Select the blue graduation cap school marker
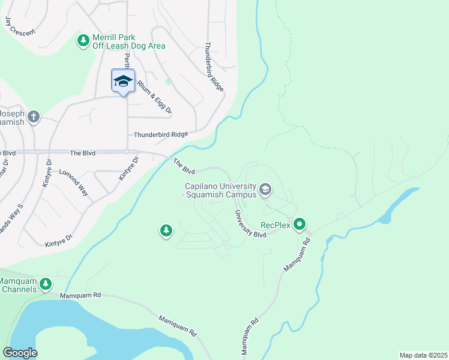coord(123,81)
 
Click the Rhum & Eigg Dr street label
coord(154,98)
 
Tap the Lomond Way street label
coord(74,182)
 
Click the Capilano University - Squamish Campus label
coord(220,190)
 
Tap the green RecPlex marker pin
coord(300,224)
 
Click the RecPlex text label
coord(275,226)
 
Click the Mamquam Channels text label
coord(17,285)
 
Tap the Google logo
coord(20,352)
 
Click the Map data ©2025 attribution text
coord(423,355)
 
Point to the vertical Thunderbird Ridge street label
coord(214,66)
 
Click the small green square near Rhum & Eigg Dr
coord(169,81)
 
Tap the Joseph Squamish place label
coord(12,118)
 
